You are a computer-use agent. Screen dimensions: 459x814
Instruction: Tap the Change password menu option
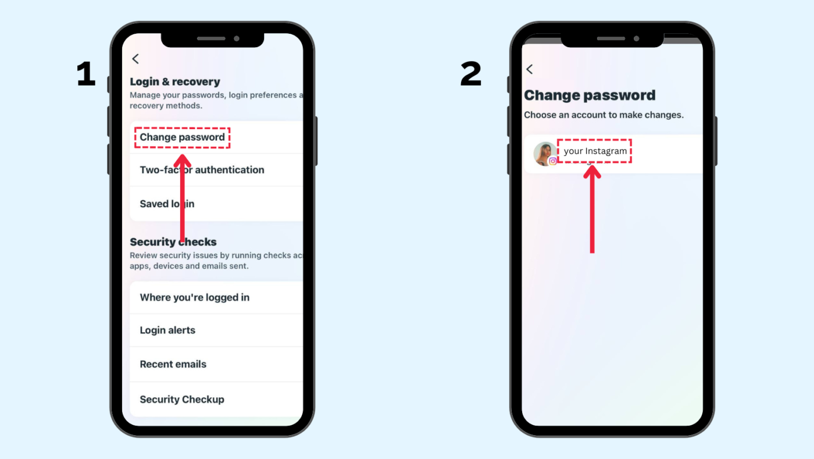182,137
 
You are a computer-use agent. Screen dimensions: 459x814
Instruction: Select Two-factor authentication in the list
202,170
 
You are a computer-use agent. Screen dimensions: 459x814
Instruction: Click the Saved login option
167,204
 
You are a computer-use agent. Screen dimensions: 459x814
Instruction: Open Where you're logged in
194,297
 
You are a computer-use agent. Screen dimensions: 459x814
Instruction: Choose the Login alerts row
167,330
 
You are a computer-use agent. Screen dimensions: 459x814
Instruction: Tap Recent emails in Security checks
173,364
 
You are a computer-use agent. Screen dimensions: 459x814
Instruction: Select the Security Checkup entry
181,399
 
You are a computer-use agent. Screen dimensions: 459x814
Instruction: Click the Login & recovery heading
174,81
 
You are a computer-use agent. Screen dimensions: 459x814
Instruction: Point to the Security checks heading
173,242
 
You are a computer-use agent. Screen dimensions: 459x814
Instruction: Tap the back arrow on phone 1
135,59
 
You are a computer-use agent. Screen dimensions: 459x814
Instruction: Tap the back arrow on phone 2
529,69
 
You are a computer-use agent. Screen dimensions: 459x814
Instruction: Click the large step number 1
86,75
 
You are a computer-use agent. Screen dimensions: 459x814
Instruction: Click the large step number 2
470,75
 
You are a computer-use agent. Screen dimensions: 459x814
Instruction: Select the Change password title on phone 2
590,95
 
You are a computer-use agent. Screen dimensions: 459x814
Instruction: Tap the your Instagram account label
595,151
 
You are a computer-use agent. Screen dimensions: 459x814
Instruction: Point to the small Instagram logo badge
552,161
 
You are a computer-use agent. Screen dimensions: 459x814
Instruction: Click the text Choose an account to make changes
604,115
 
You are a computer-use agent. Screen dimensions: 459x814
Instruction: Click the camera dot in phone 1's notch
237,38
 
